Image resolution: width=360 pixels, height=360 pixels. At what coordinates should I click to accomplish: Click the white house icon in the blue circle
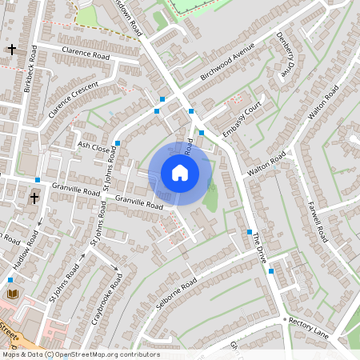click(x=180, y=172)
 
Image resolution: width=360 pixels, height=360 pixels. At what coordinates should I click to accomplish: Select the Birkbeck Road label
click(x=32, y=68)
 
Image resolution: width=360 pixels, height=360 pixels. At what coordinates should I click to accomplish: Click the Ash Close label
click(x=93, y=147)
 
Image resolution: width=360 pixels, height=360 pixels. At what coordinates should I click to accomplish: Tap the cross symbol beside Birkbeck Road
click(x=11, y=50)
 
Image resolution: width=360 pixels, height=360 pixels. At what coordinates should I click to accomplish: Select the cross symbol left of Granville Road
click(x=34, y=197)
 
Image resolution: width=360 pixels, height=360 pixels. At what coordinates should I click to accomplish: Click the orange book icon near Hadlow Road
click(x=12, y=294)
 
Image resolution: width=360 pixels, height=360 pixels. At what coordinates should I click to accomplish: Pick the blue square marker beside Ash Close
click(x=117, y=143)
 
